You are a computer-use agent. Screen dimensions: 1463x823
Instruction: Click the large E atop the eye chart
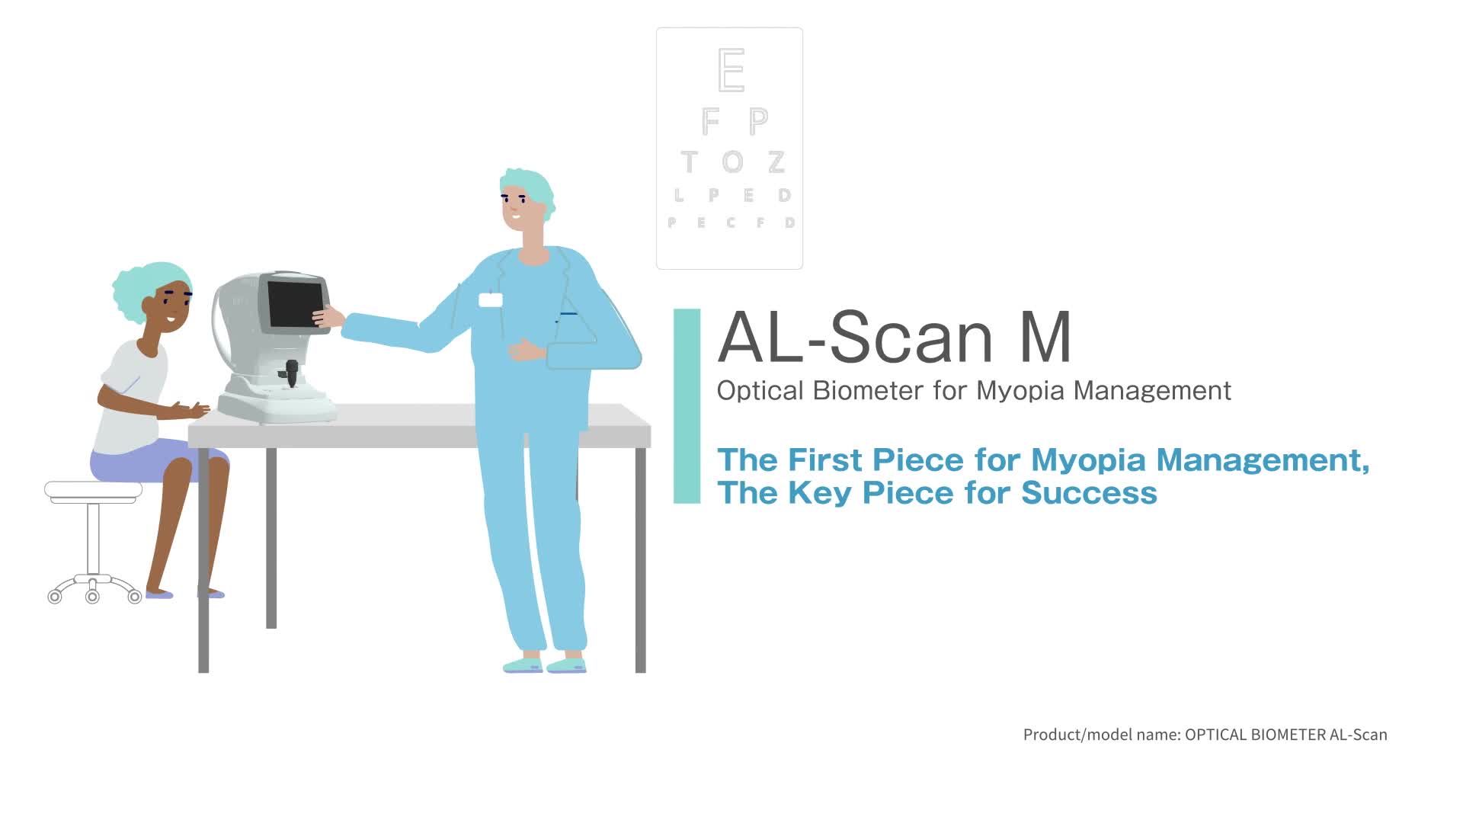click(731, 70)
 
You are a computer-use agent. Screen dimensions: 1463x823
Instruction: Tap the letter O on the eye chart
click(732, 162)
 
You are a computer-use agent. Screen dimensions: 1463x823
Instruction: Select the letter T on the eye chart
click(689, 162)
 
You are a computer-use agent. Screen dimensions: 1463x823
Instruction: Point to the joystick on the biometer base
click(291, 373)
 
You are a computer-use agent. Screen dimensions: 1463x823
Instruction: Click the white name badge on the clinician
click(490, 299)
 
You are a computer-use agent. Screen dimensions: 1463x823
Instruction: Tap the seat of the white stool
click(93, 491)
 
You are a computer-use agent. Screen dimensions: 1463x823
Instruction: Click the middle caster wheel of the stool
click(92, 596)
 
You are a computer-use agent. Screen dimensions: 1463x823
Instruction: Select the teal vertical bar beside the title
click(687, 406)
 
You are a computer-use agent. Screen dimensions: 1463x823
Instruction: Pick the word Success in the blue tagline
click(1089, 493)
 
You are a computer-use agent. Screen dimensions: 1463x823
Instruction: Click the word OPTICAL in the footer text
click(1216, 735)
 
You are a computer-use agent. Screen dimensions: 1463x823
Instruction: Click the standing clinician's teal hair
click(530, 186)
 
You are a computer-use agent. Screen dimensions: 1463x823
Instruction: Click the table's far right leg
click(640, 560)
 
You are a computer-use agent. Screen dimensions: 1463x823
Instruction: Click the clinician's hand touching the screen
click(328, 316)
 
